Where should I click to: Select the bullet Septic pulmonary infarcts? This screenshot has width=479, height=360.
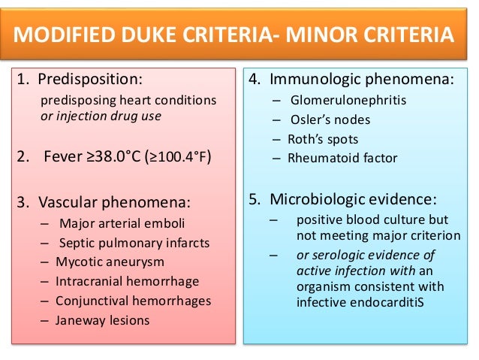[134, 243]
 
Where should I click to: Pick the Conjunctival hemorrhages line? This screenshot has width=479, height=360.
[134, 301]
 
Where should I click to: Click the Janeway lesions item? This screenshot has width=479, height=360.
[103, 320]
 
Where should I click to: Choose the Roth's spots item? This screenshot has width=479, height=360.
[323, 139]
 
